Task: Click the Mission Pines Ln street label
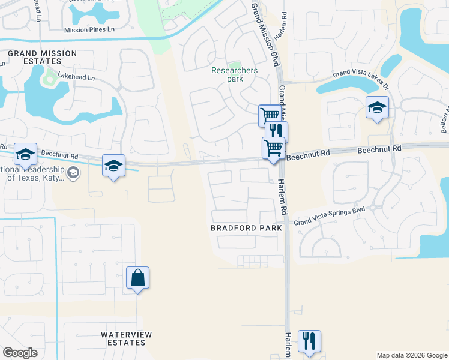[x=90, y=29]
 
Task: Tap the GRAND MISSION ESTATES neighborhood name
[x=42, y=57]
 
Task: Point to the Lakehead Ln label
[x=76, y=77]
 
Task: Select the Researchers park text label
[x=234, y=74]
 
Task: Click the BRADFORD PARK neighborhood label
[x=246, y=228]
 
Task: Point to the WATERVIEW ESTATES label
[x=126, y=338]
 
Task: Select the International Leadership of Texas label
[x=30, y=173]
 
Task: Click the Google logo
[x=20, y=353]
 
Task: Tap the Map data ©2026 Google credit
[x=412, y=355]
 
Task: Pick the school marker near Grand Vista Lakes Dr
[x=377, y=108]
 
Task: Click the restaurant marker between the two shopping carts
[x=276, y=130]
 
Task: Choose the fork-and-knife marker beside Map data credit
[x=309, y=340]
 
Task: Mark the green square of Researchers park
[x=234, y=64]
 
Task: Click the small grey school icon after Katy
[x=73, y=173]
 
